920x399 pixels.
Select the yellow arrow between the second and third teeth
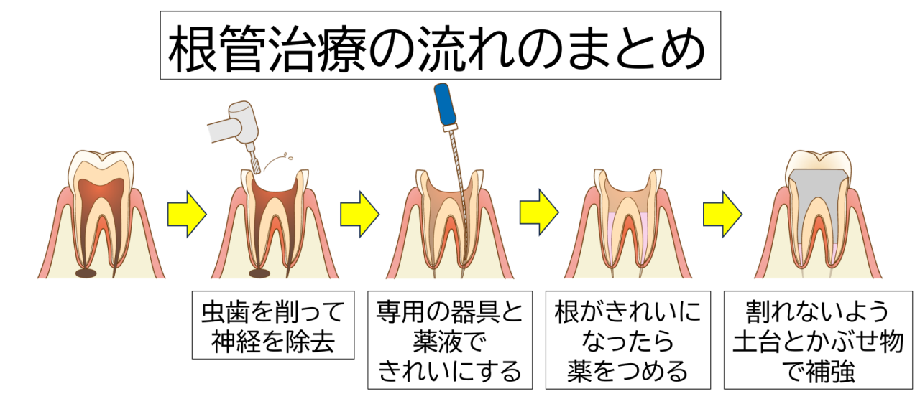coord(359,213)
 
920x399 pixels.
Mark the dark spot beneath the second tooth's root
coord(259,273)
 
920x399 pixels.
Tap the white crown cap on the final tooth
coord(817,160)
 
